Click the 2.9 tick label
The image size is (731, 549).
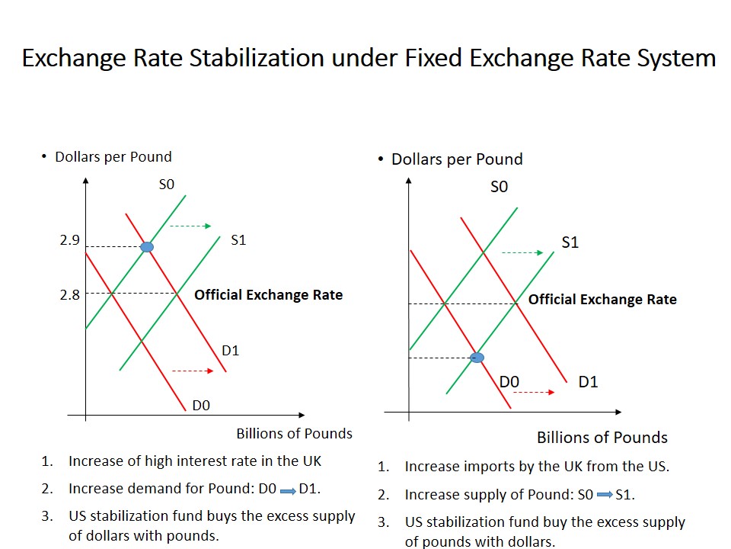[x=69, y=240]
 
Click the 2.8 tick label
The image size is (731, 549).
[x=69, y=294]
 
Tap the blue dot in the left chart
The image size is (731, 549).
[x=147, y=247]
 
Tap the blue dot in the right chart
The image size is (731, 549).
[x=477, y=357]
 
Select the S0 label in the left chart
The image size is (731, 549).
[x=167, y=184]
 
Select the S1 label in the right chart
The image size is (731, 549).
[x=570, y=242]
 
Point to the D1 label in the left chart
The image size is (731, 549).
[x=231, y=351]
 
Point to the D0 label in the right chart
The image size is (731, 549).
[x=509, y=382]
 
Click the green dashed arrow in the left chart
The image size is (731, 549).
[x=190, y=226]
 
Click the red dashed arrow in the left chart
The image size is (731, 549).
[x=193, y=371]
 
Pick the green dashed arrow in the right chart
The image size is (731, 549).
[x=522, y=252]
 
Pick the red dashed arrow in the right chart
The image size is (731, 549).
[x=534, y=392]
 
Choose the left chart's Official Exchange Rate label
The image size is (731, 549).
[x=269, y=295]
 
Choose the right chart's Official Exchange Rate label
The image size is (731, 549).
[x=602, y=300]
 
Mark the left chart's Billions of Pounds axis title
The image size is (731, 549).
[x=294, y=434]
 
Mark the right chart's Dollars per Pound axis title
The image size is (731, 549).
[x=457, y=159]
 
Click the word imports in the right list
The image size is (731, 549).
[x=484, y=467]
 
